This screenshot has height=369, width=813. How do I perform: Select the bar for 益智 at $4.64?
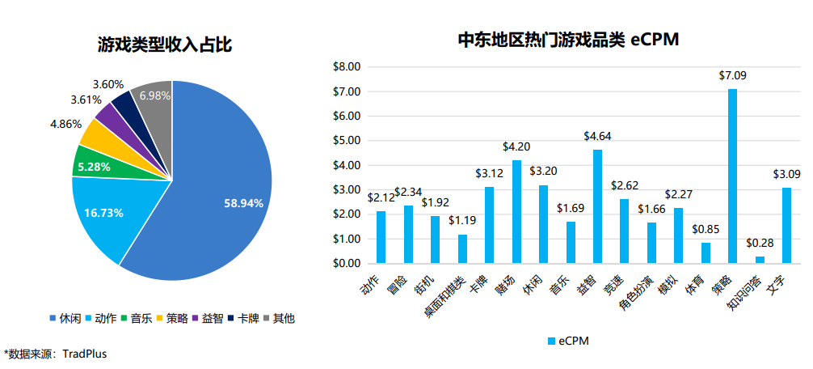(598, 206)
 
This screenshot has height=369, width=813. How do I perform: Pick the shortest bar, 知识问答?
(760, 260)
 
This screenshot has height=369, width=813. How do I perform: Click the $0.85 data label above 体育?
(706, 229)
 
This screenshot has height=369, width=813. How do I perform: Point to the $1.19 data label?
(462, 220)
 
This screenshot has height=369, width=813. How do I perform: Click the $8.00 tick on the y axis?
(346, 67)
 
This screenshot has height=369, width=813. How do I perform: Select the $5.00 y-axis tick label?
(346, 141)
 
